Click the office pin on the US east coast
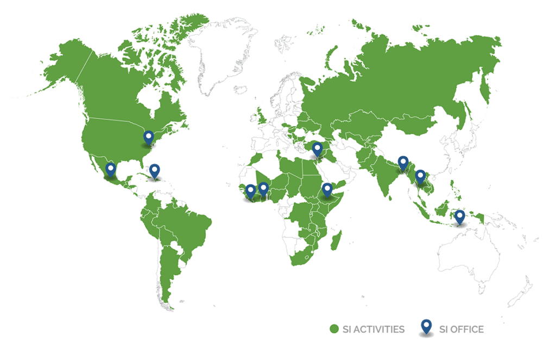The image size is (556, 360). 148,137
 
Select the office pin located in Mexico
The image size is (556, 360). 111,169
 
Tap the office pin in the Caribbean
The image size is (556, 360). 155,172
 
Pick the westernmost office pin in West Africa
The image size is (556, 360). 250,191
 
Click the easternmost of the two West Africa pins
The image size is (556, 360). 263,188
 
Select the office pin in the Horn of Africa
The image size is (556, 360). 327,189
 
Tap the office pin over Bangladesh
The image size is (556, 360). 403,162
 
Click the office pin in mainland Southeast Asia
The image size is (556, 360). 420,176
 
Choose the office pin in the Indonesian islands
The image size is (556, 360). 460,216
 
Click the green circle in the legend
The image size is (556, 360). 334,329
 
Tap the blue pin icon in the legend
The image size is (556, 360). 426,326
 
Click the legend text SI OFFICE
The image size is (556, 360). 462,329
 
